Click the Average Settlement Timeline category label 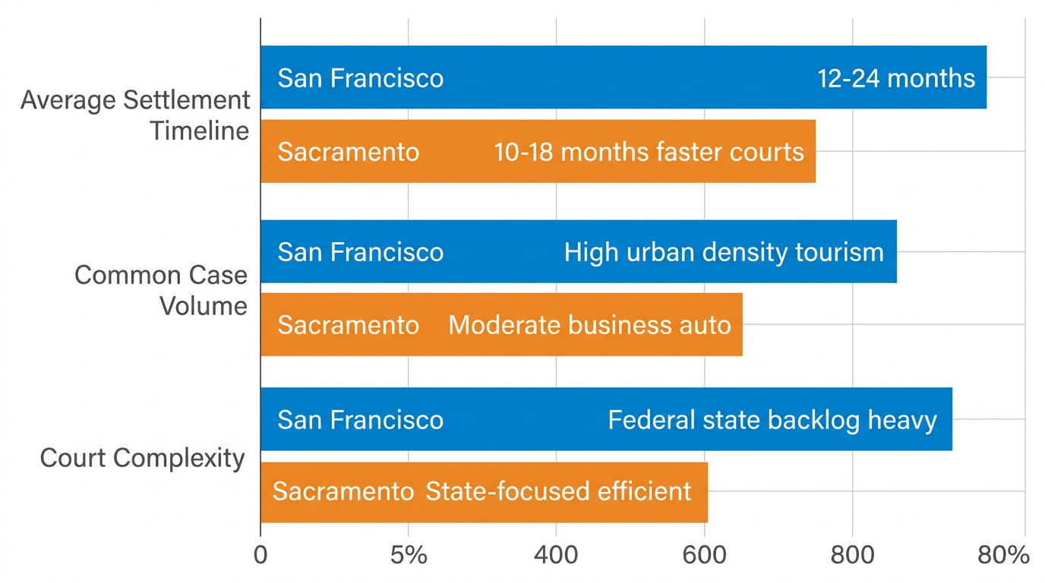(x=135, y=115)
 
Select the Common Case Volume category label (x=161, y=290)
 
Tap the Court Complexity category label (x=142, y=459)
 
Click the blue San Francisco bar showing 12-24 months (x=623, y=77)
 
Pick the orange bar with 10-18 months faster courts (x=538, y=151)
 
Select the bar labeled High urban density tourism (x=578, y=251)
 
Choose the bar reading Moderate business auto (x=501, y=325)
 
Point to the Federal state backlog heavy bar (x=606, y=419)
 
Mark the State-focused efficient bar (x=484, y=491)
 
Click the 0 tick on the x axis (x=260, y=555)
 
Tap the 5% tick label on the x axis (x=409, y=555)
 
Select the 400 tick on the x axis (x=556, y=555)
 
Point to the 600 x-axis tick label (x=704, y=555)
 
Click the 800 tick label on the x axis (x=852, y=555)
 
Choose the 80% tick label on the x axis (x=1002, y=555)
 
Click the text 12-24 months (x=896, y=78)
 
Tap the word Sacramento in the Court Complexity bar (x=343, y=491)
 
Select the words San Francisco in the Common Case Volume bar (x=360, y=252)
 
